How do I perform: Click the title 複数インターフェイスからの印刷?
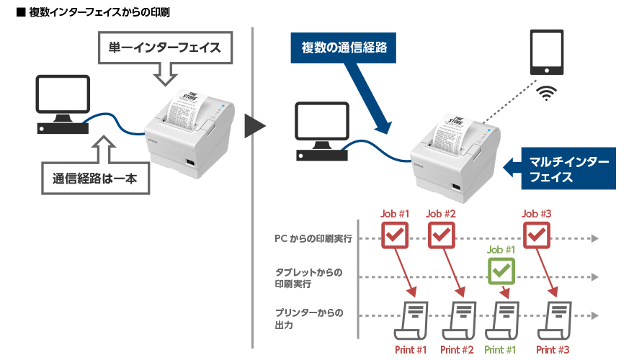point(94,13)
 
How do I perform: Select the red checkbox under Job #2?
point(442,235)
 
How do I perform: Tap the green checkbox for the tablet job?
point(502,271)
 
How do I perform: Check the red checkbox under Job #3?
point(537,235)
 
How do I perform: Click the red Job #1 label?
point(395,213)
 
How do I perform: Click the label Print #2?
point(457,350)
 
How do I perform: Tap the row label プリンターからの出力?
point(308,318)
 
